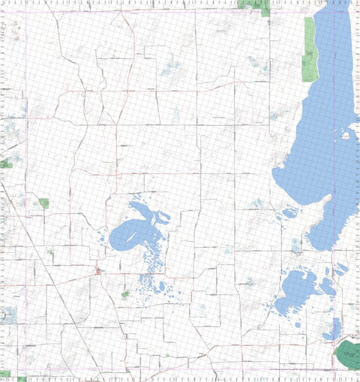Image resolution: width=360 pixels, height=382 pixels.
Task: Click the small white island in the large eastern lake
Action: [346, 136]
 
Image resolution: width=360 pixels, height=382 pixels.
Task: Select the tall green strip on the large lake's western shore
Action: [309, 49]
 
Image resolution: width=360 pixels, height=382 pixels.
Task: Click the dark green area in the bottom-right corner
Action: [346, 358]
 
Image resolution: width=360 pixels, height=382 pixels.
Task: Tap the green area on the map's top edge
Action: [253, 4]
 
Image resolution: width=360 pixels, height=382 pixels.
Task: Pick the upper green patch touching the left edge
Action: [6, 163]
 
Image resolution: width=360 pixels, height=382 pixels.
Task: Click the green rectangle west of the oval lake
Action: [44, 203]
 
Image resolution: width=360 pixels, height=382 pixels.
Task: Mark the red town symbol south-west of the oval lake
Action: [98, 270]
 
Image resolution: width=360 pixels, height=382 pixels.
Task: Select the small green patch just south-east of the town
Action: [125, 294]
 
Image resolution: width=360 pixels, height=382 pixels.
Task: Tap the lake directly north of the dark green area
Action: [332, 327]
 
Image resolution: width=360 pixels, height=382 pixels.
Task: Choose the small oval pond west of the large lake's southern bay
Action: [289, 213]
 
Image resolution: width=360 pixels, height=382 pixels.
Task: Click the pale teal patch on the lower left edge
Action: [9, 315]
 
